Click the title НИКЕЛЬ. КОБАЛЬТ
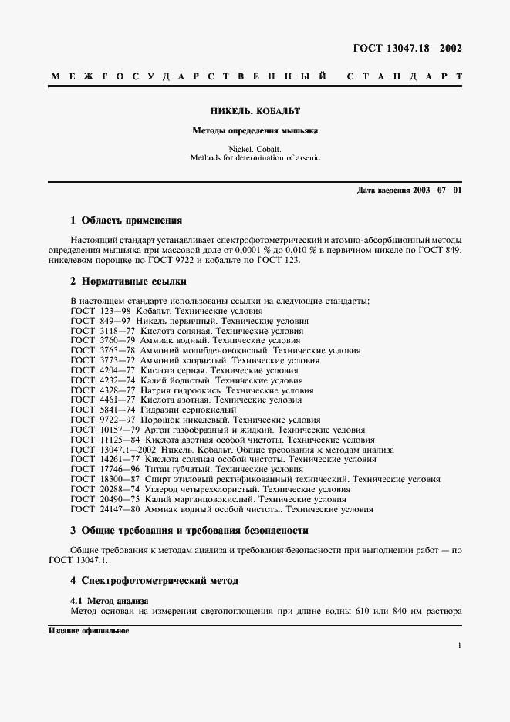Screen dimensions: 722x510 (255, 111)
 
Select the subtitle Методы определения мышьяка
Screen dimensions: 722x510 (255, 130)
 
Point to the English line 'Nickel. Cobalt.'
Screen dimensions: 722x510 (255, 148)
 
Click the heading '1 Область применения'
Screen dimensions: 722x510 (126, 221)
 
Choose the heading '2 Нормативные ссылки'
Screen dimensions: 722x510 (127, 282)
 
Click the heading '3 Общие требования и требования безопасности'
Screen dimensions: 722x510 (189, 531)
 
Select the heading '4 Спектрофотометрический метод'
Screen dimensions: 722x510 (154, 580)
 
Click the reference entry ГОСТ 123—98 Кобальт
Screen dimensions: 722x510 (167, 311)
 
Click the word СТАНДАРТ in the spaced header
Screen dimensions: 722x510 (404, 78)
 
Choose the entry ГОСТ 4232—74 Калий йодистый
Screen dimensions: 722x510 (186, 380)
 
